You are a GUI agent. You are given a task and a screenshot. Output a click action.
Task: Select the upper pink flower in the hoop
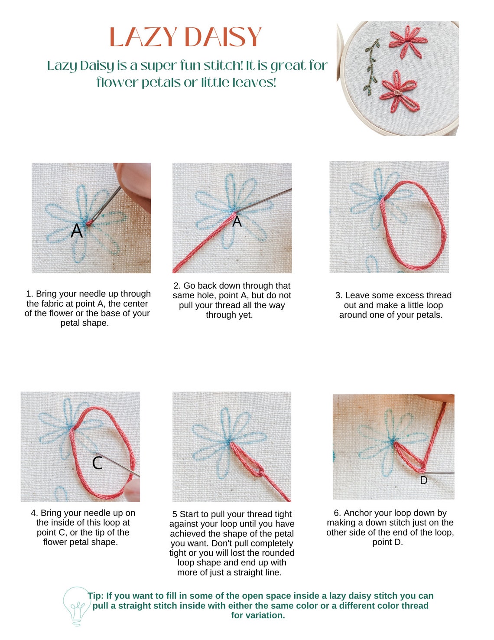[x=407, y=42]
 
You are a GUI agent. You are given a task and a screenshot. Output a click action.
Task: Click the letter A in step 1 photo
[x=77, y=231]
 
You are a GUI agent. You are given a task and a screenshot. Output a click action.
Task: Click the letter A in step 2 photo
[x=237, y=222]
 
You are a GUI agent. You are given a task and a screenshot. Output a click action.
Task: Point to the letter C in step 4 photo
[x=97, y=463]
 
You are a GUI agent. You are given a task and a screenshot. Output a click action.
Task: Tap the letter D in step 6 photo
[x=423, y=480]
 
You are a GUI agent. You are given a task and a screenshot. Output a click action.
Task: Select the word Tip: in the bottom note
[x=96, y=596]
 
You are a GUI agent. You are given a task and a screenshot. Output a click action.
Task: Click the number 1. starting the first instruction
[x=29, y=294]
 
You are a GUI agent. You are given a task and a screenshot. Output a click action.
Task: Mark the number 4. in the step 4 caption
[x=34, y=513]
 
